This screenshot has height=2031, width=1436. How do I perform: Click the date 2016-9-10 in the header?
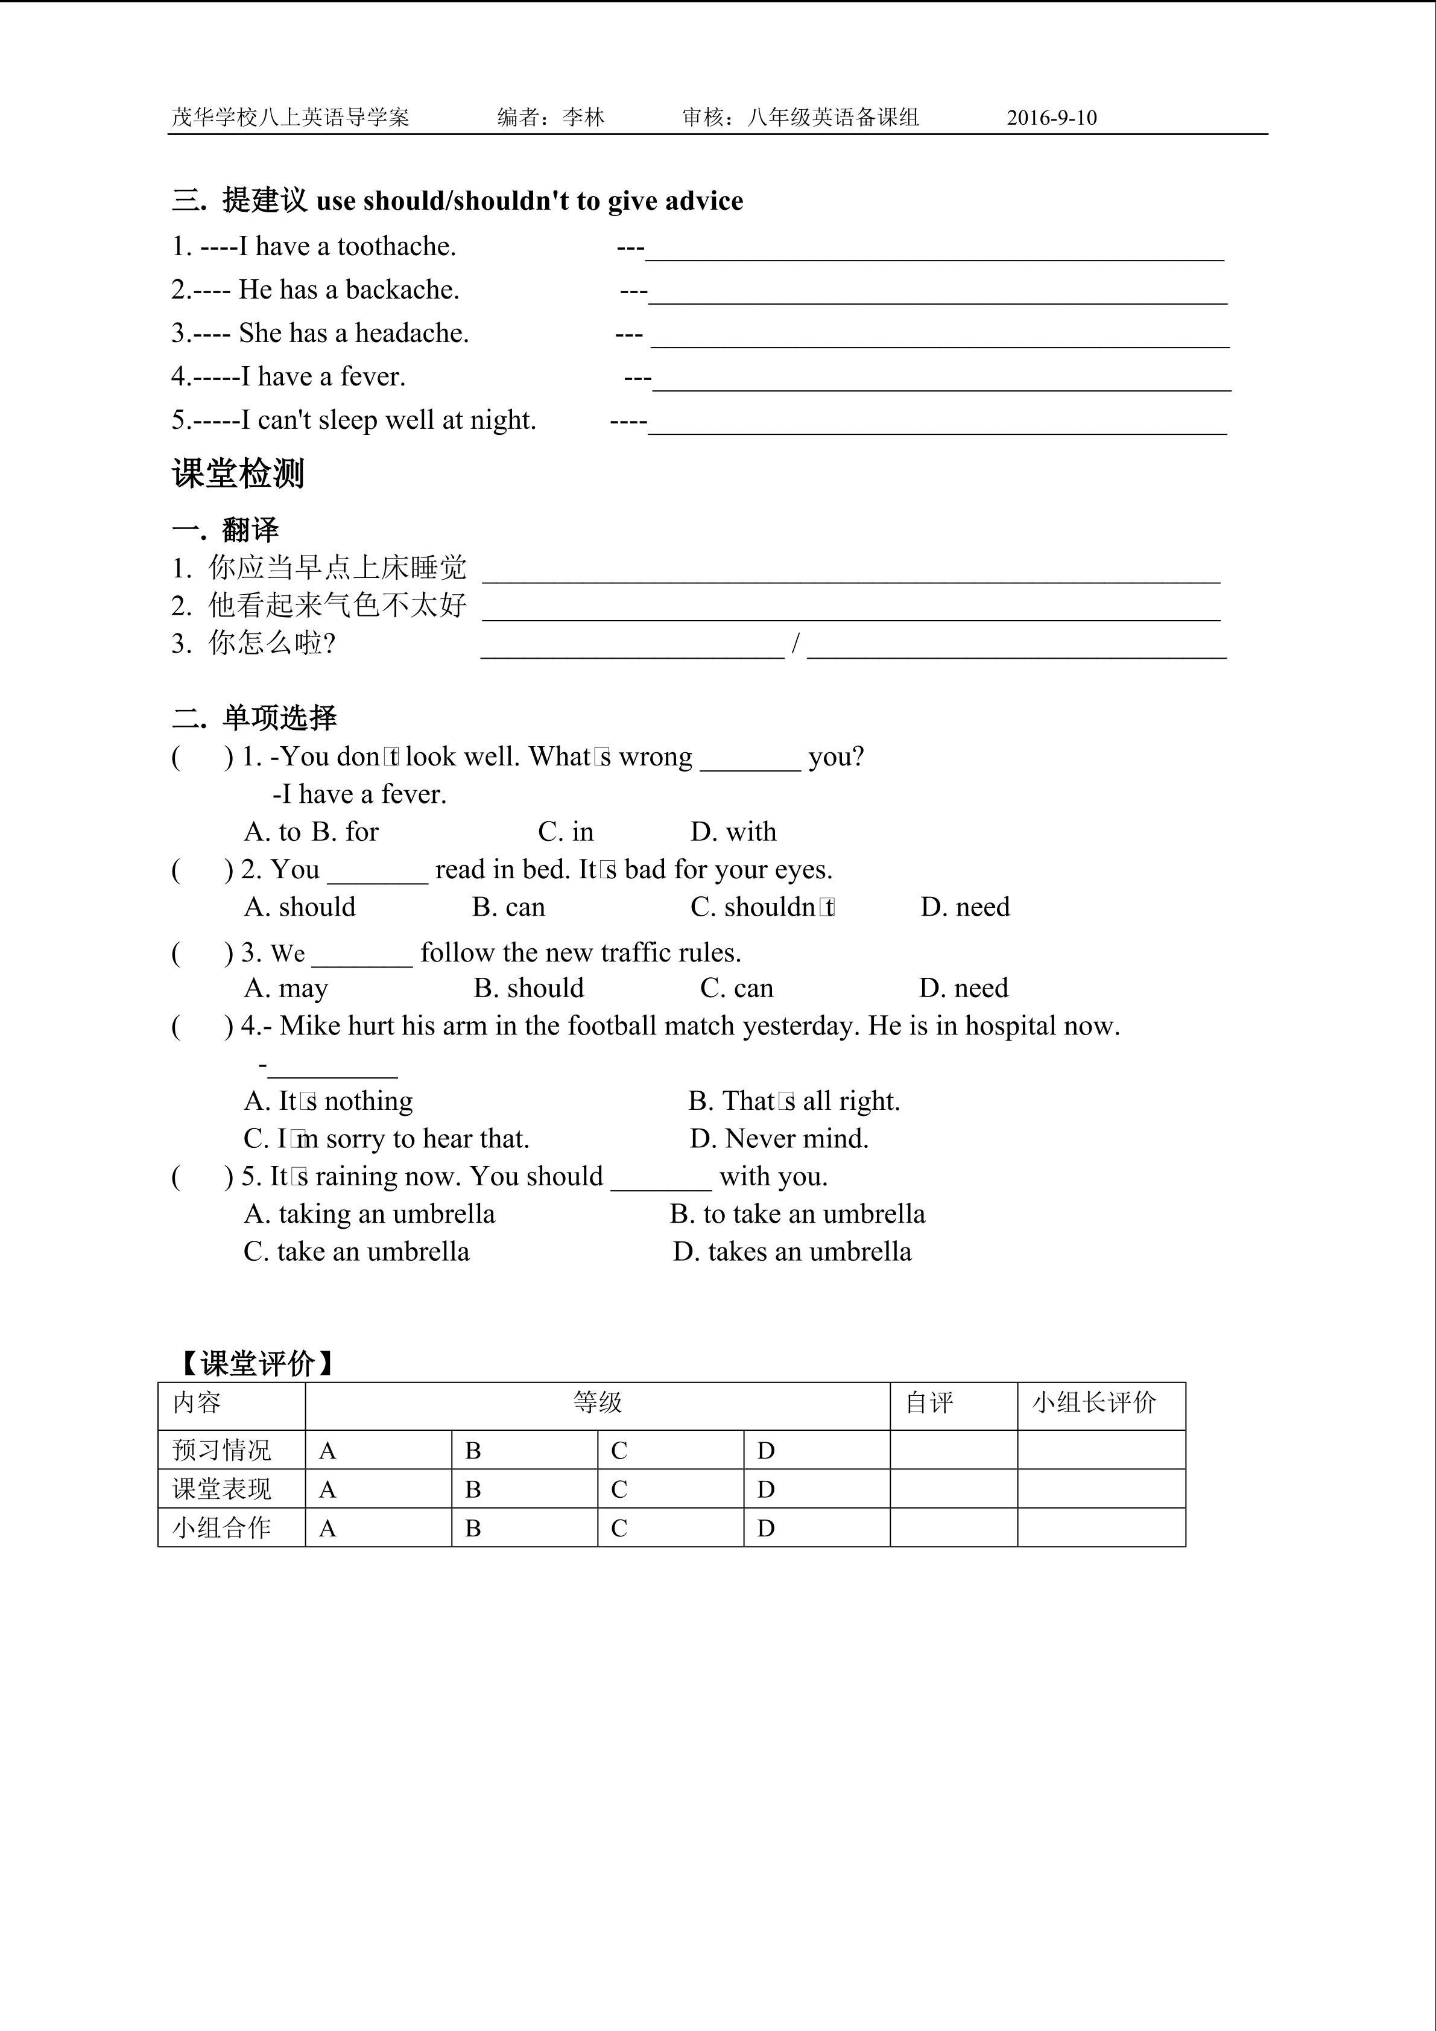coord(1051,118)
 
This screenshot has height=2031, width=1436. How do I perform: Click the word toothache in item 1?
coord(396,247)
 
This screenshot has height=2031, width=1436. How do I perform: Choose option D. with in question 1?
coord(733,832)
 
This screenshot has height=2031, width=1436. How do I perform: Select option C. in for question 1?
coord(566,832)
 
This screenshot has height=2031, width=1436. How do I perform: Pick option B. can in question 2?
coord(508,908)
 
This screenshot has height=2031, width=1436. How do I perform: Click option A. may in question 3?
coord(286,988)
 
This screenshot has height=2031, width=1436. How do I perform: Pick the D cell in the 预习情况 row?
coord(766,1451)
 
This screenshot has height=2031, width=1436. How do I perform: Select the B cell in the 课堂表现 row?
coord(473,1491)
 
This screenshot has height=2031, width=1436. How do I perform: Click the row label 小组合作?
coord(222,1529)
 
